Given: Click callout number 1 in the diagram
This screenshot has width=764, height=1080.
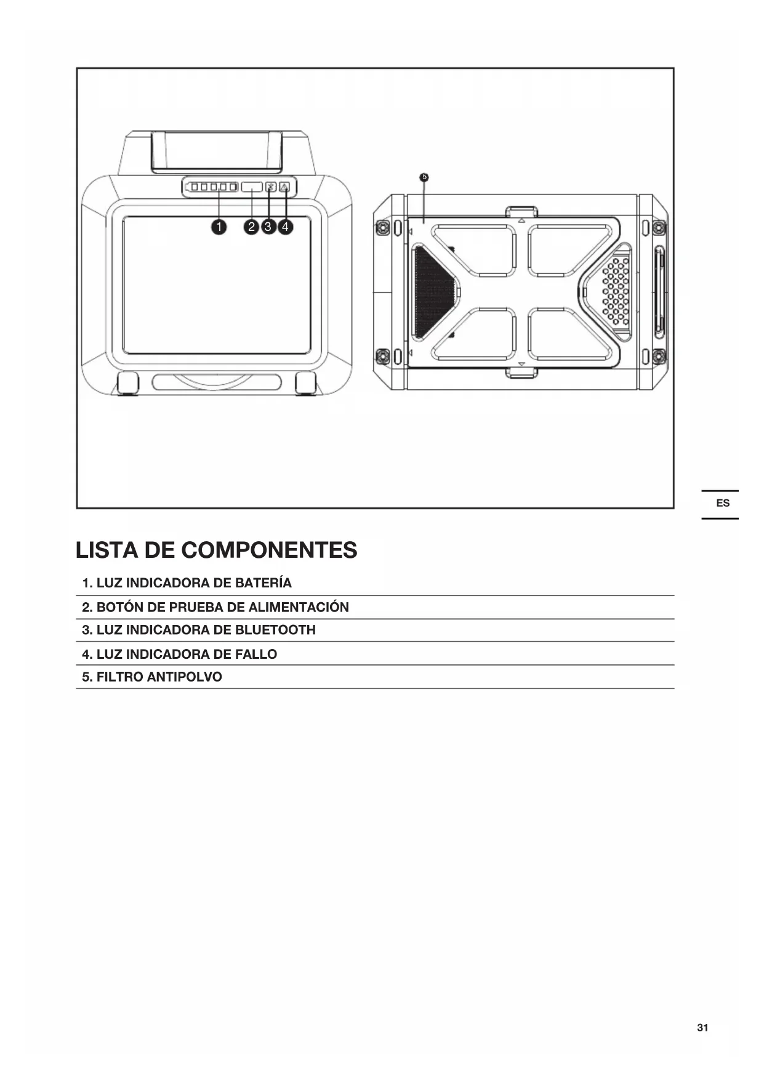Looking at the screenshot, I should coord(218,227).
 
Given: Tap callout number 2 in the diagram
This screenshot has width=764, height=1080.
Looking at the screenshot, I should coord(251,227).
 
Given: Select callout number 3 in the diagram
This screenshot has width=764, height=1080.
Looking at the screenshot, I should coord(268,227).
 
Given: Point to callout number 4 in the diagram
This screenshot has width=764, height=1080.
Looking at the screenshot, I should coord(285,227).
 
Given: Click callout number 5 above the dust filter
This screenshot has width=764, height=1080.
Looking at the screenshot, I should coord(424,177).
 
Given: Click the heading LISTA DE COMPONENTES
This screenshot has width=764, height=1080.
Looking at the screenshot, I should coord(216,550).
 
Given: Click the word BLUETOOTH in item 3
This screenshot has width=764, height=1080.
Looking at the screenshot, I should coord(275,630).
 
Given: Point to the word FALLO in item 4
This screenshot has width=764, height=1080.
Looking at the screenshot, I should coord(256,654).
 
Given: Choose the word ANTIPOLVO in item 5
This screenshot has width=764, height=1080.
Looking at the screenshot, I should coord(185,677).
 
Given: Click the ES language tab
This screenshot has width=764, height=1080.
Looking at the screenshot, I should coord(722,504).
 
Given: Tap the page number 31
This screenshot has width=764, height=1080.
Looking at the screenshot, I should coord(702,1028).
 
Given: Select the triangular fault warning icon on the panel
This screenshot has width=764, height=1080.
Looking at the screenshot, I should coord(284,187).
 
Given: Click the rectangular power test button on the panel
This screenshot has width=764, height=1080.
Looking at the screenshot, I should coord(252,187).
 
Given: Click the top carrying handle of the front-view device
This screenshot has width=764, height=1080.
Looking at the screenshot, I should coord(216,151).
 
